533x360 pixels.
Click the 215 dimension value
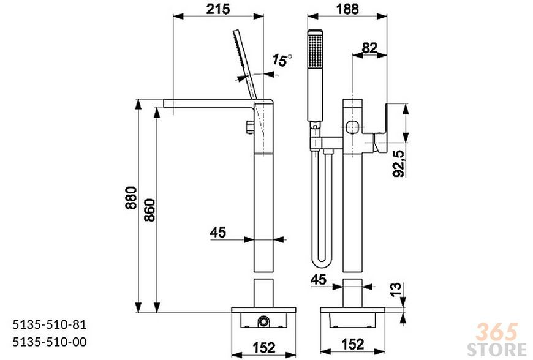[x=218, y=9]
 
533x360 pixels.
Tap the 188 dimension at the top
[x=347, y=9]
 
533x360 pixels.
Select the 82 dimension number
[x=369, y=48]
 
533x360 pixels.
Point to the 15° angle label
[x=282, y=61]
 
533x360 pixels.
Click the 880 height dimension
[x=131, y=198]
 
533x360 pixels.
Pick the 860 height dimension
[x=149, y=210]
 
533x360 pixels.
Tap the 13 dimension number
[x=395, y=290]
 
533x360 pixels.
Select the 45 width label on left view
[x=217, y=232]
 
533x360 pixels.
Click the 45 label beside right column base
[x=319, y=280]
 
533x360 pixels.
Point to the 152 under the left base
[x=264, y=347]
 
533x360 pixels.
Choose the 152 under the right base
[x=352, y=344]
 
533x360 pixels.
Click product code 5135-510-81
[x=50, y=324]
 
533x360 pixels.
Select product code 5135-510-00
[x=50, y=342]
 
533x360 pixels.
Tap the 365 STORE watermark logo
[x=497, y=340]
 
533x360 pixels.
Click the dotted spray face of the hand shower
[x=315, y=51]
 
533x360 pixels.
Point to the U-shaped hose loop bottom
[x=321, y=263]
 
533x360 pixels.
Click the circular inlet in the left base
[x=263, y=321]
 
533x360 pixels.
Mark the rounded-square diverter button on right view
[x=353, y=128]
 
